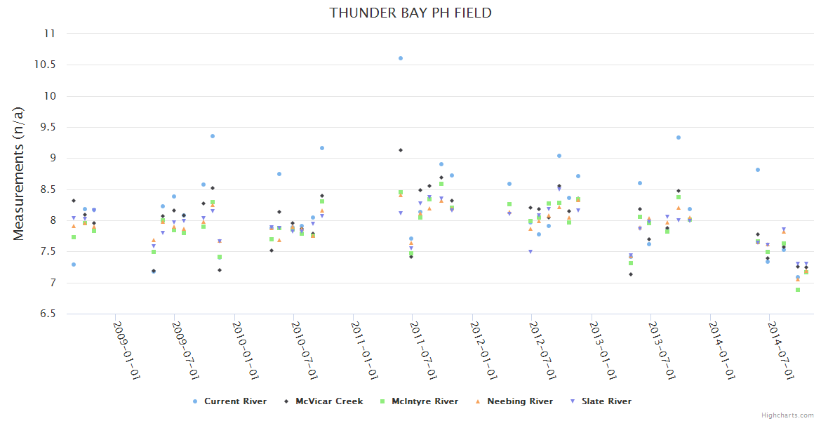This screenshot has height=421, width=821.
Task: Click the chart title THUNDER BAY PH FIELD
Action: [x=410, y=13]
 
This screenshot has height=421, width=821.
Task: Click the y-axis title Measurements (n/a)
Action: [x=19, y=173]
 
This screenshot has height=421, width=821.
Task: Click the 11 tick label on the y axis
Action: [x=50, y=33]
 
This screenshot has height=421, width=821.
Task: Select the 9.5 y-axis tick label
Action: [x=48, y=127]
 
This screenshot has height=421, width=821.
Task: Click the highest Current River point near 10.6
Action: [x=401, y=58]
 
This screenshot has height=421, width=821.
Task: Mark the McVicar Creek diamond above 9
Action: [x=401, y=150]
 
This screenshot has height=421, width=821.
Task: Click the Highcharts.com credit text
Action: [x=787, y=415]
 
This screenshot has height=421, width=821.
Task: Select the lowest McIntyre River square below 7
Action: [x=798, y=290]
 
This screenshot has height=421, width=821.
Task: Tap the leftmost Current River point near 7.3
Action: [x=74, y=265]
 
